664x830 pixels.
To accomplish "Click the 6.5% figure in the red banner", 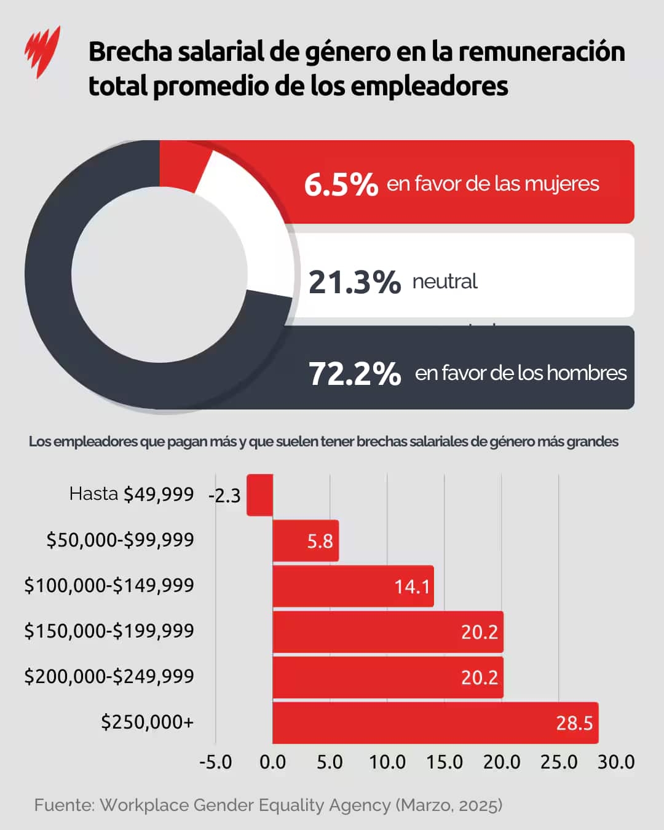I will [x=341, y=184].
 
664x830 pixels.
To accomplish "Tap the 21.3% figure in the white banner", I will [x=354, y=282].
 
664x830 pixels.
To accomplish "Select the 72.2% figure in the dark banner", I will [x=355, y=373].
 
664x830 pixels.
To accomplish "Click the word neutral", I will [x=445, y=282].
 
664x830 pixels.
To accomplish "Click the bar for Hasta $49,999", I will [x=259, y=495].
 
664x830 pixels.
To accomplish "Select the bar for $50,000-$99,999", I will [x=305, y=540].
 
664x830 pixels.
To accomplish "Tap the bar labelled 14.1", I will [x=353, y=586].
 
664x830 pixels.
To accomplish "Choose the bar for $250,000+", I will [x=435, y=722].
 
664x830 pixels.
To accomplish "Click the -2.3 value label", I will [x=225, y=496].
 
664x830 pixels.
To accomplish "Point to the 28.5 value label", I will [x=574, y=723].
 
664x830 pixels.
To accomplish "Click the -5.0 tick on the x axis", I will [x=216, y=762].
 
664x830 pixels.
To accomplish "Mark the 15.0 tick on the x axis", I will [x=445, y=762].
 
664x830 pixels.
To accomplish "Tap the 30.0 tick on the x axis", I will [x=615, y=762].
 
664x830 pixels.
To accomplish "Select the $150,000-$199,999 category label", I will [x=109, y=631].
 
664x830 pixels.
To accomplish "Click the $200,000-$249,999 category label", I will [x=109, y=676].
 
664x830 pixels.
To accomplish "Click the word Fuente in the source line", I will [x=64, y=805].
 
